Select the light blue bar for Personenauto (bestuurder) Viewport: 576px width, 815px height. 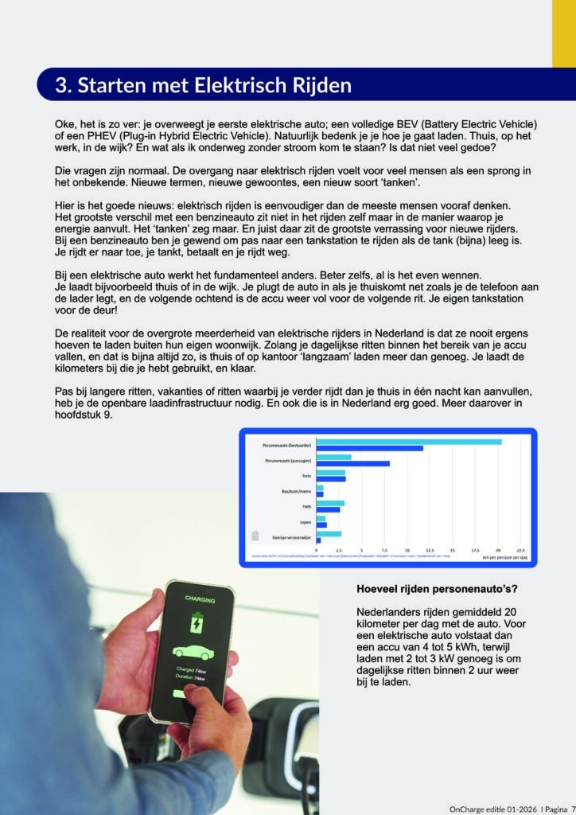tap(409, 441)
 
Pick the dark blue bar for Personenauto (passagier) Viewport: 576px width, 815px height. tap(353, 463)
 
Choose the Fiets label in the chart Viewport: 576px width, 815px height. tap(306, 506)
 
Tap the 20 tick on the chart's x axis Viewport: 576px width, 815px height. tap(499, 550)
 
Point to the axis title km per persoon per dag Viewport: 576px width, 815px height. tap(504, 556)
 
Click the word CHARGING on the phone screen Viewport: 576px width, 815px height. tap(200, 599)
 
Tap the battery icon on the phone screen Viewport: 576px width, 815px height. tap(194, 622)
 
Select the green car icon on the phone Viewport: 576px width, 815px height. tap(193, 651)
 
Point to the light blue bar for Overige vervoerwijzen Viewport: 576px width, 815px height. tap(329, 534)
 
